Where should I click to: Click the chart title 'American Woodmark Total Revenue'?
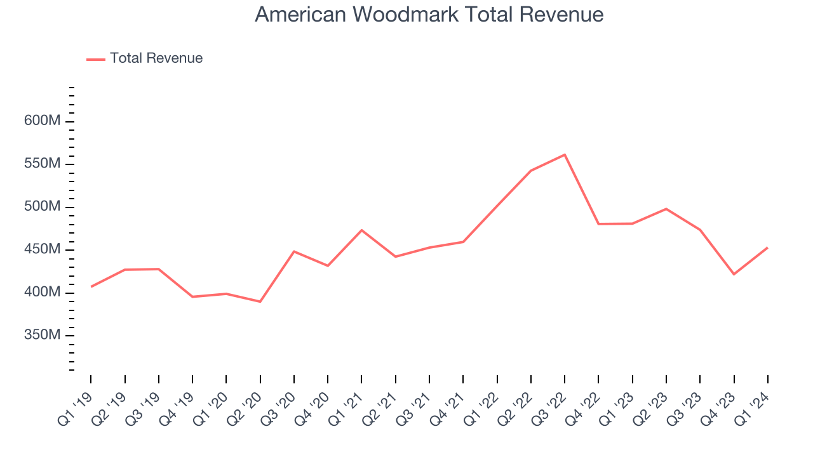point(429,15)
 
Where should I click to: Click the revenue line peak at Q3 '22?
point(565,154)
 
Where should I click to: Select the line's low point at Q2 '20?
point(260,301)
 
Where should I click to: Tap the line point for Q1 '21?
point(361,230)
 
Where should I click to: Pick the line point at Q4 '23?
point(734,274)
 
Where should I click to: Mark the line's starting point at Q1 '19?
point(91,287)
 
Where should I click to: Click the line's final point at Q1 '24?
point(767,248)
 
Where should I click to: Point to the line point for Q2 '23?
point(666,209)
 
